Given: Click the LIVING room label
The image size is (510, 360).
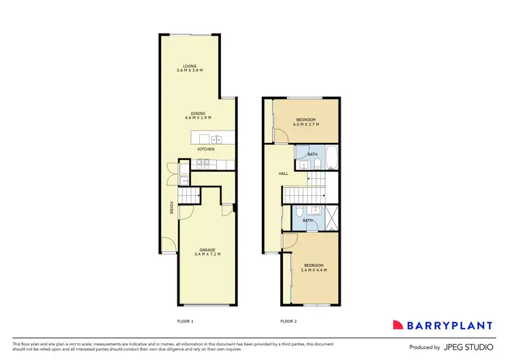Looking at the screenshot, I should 199,66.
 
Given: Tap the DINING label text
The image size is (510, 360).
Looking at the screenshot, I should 198,113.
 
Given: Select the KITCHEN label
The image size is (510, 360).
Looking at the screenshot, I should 205,149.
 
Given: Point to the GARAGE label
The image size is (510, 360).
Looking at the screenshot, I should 207,250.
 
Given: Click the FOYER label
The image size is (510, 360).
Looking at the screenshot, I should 171,208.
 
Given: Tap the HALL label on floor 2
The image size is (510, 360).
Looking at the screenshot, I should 283,174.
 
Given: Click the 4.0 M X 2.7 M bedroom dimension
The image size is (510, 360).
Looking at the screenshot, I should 305,125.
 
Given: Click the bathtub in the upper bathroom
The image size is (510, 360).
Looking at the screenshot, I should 330,158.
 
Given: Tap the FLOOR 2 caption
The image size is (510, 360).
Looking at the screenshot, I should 288,321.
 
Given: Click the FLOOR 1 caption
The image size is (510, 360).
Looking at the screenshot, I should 185,321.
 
